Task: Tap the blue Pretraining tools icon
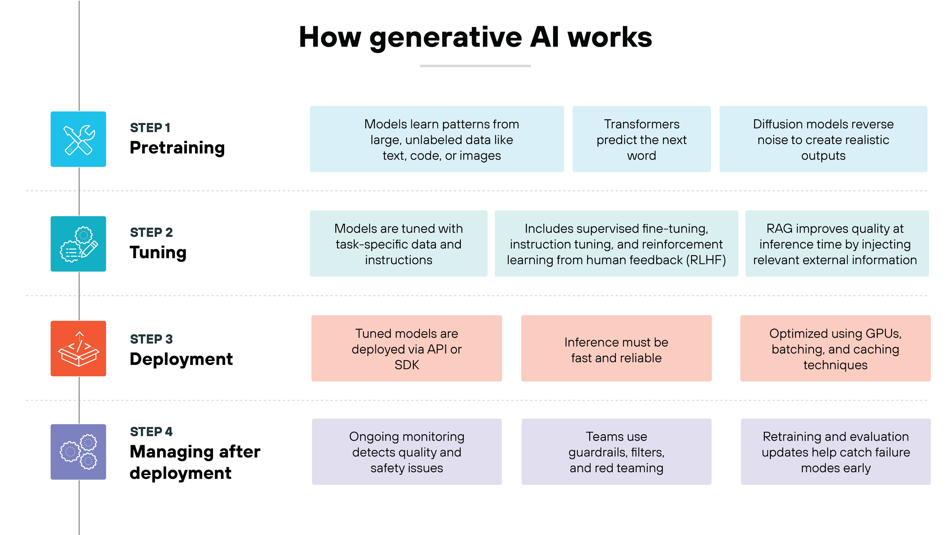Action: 78,139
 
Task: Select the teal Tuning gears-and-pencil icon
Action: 78,244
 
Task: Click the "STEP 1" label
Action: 150,128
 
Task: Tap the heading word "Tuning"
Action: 158,252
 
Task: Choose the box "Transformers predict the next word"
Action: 641,139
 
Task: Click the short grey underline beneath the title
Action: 475,66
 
